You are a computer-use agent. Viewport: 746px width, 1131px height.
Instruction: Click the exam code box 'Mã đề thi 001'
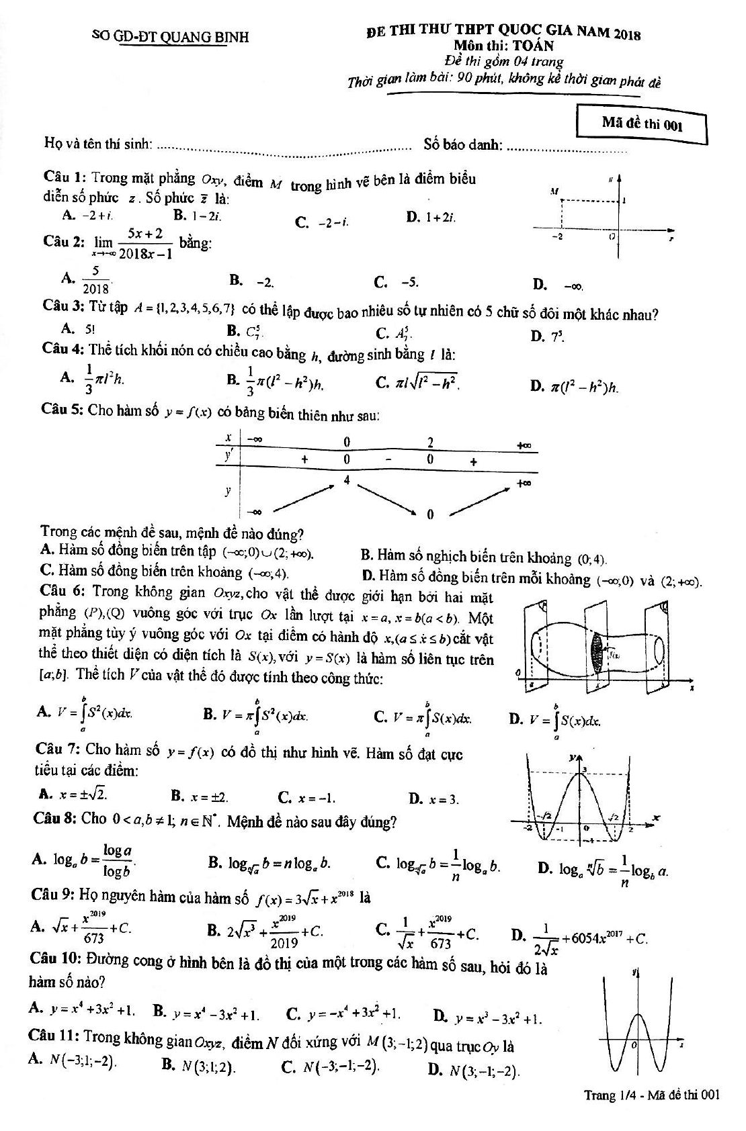point(642,124)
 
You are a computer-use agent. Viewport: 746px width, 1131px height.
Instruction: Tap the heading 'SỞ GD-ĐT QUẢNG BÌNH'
point(169,37)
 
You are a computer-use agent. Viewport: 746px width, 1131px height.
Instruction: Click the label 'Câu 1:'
point(65,177)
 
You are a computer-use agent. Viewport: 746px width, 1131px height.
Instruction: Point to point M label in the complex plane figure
point(554,191)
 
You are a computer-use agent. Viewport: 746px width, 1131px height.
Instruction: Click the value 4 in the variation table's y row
point(346,480)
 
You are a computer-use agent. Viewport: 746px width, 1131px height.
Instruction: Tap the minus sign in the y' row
point(388,460)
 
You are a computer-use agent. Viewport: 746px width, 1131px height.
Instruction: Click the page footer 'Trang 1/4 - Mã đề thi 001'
point(651,1095)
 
